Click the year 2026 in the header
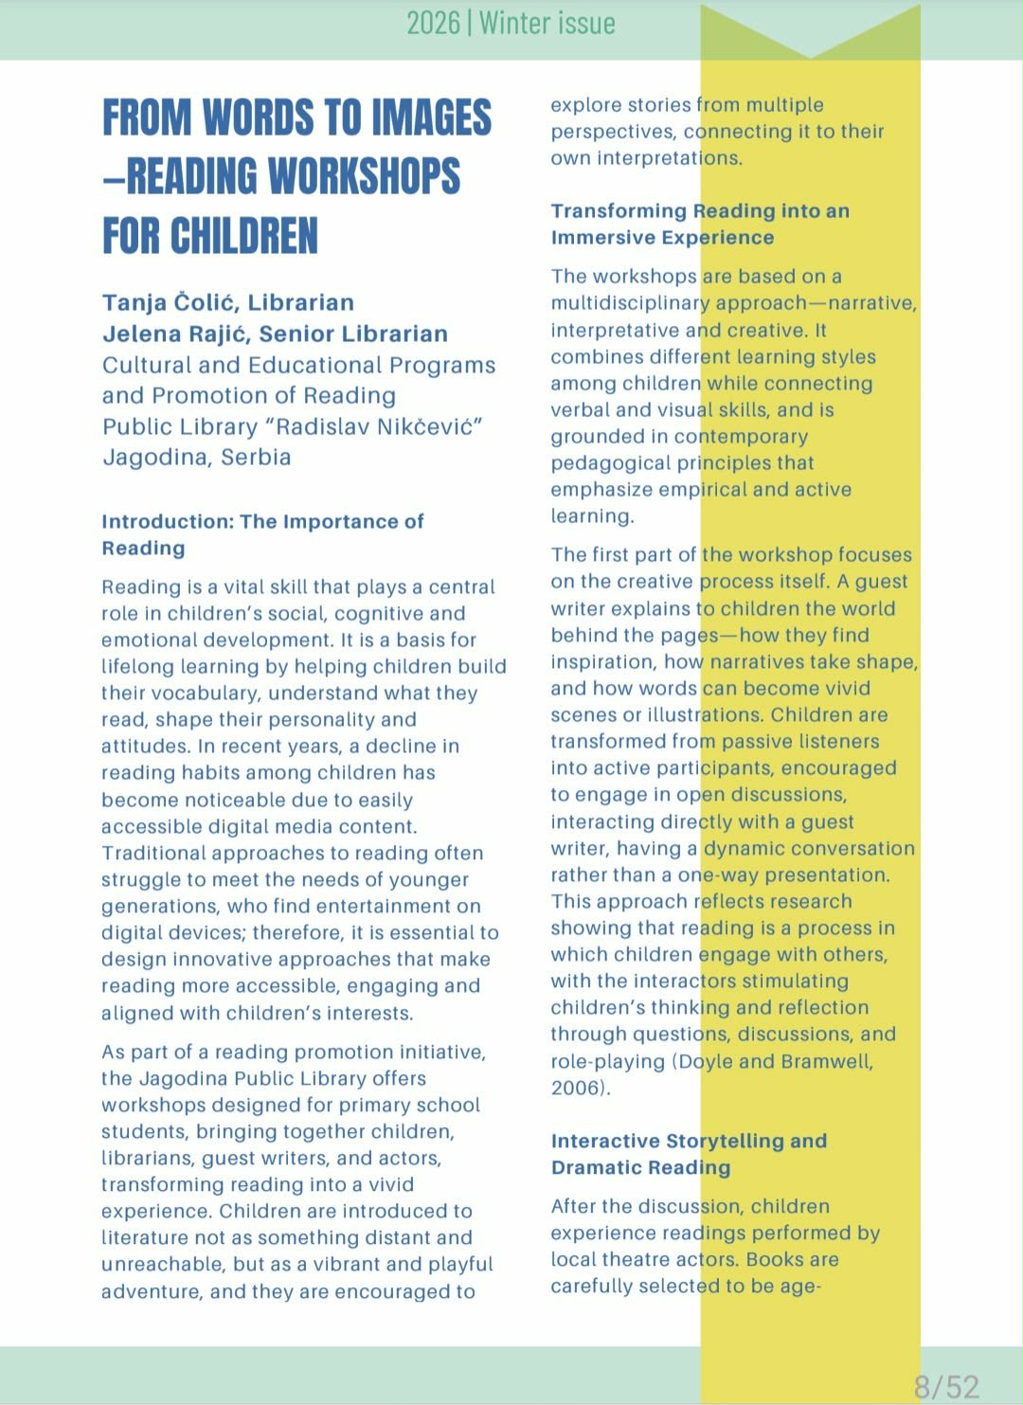(x=433, y=23)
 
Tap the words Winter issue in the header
(x=547, y=23)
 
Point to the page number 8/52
(x=946, y=1387)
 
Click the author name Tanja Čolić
(x=170, y=303)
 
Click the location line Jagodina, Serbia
(x=196, y=458)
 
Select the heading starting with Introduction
(x=262, y=534)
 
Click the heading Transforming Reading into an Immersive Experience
(x=699, y=224)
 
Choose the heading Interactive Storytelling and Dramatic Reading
(x=689, y=1154)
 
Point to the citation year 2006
(x=577, y=1088)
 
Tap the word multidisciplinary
(x=630, y=303)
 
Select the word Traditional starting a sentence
(x=153, y=854)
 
